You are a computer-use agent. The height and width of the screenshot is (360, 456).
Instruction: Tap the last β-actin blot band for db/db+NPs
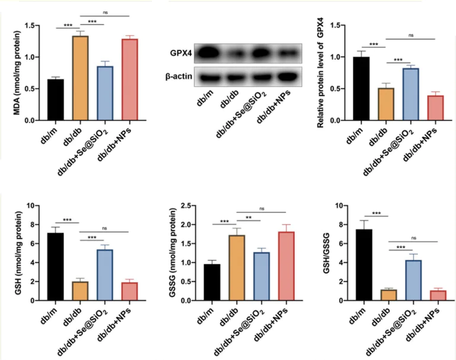pos(286,77)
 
